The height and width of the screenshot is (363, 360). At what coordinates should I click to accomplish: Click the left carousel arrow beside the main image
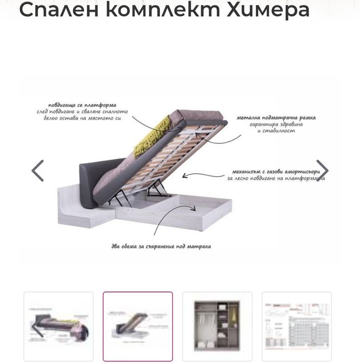(x=38, y=171)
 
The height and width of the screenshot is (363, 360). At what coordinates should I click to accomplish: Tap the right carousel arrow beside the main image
(x=322, y=171)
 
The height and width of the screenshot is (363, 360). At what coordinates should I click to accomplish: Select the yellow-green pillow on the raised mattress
(x=153, y=137)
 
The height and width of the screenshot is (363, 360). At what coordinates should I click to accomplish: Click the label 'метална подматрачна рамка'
(x=276, y=118)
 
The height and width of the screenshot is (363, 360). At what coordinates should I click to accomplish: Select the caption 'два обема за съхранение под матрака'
(x=161, y=246)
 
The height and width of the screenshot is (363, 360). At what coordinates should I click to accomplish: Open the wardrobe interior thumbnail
(x=217, y=326)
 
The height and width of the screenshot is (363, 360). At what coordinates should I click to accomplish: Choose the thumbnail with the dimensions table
(x=296, y=326)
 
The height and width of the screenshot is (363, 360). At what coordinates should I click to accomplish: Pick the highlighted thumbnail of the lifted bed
(x=137, y=326)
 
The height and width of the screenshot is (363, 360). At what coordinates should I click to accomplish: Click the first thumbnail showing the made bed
(x=58, y=326)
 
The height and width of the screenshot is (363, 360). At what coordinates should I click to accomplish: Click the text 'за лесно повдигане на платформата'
(x=275, y=178)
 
